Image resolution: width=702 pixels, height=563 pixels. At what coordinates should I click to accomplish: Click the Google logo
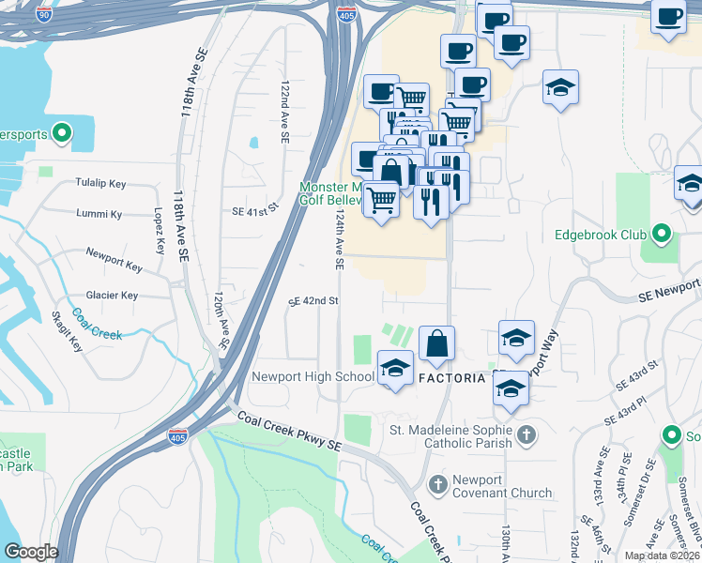(30, 552)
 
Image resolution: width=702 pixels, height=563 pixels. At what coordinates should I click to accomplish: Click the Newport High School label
(313, 378)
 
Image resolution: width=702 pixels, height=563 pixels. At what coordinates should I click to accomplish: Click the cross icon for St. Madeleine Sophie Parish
(527, 435)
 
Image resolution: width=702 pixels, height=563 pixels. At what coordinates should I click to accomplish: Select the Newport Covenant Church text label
(485, 485)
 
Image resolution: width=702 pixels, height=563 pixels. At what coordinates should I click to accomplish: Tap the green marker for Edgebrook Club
(662, 234)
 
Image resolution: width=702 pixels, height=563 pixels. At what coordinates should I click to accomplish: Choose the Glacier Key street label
(112, 296)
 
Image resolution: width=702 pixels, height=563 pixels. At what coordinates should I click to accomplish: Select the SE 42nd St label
(313, 301)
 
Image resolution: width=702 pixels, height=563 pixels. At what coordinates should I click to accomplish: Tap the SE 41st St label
(256, 212)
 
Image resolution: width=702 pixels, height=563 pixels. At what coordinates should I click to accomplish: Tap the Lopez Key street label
(157, 232)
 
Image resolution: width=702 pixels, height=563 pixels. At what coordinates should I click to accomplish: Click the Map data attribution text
(662, 555)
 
